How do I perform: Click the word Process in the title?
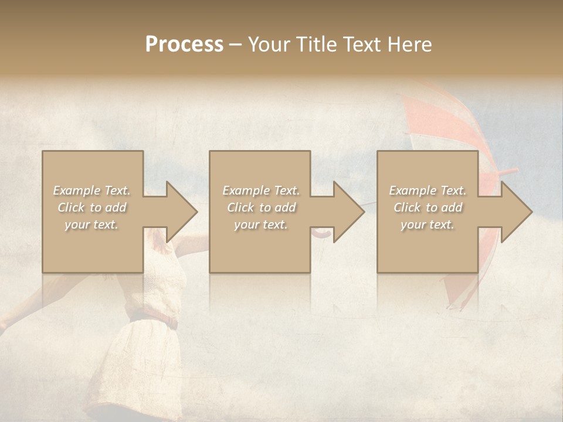click(184, 45)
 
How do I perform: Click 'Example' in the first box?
click(76, 190)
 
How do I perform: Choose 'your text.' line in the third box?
click(428, 224)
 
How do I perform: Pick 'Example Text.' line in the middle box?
click(260, 190)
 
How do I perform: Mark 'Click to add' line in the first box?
click(92, 207)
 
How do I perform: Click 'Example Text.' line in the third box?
click(428, 190)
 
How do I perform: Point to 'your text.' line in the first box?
click(92, 224)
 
